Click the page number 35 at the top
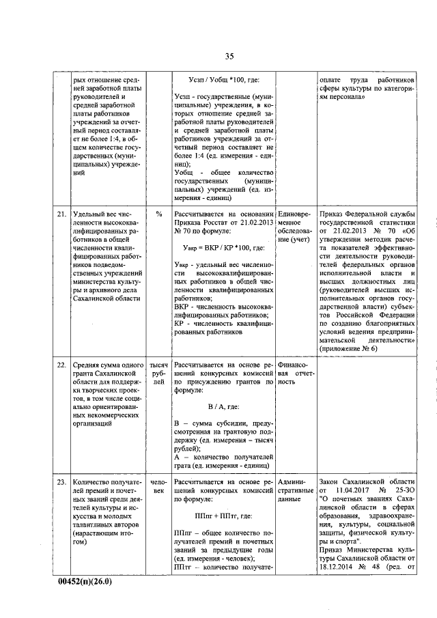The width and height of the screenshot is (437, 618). point(229,56)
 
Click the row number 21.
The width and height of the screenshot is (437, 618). point(61,214)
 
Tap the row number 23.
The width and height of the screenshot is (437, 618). point(61,481)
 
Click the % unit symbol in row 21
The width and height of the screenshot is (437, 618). point(158,214)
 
